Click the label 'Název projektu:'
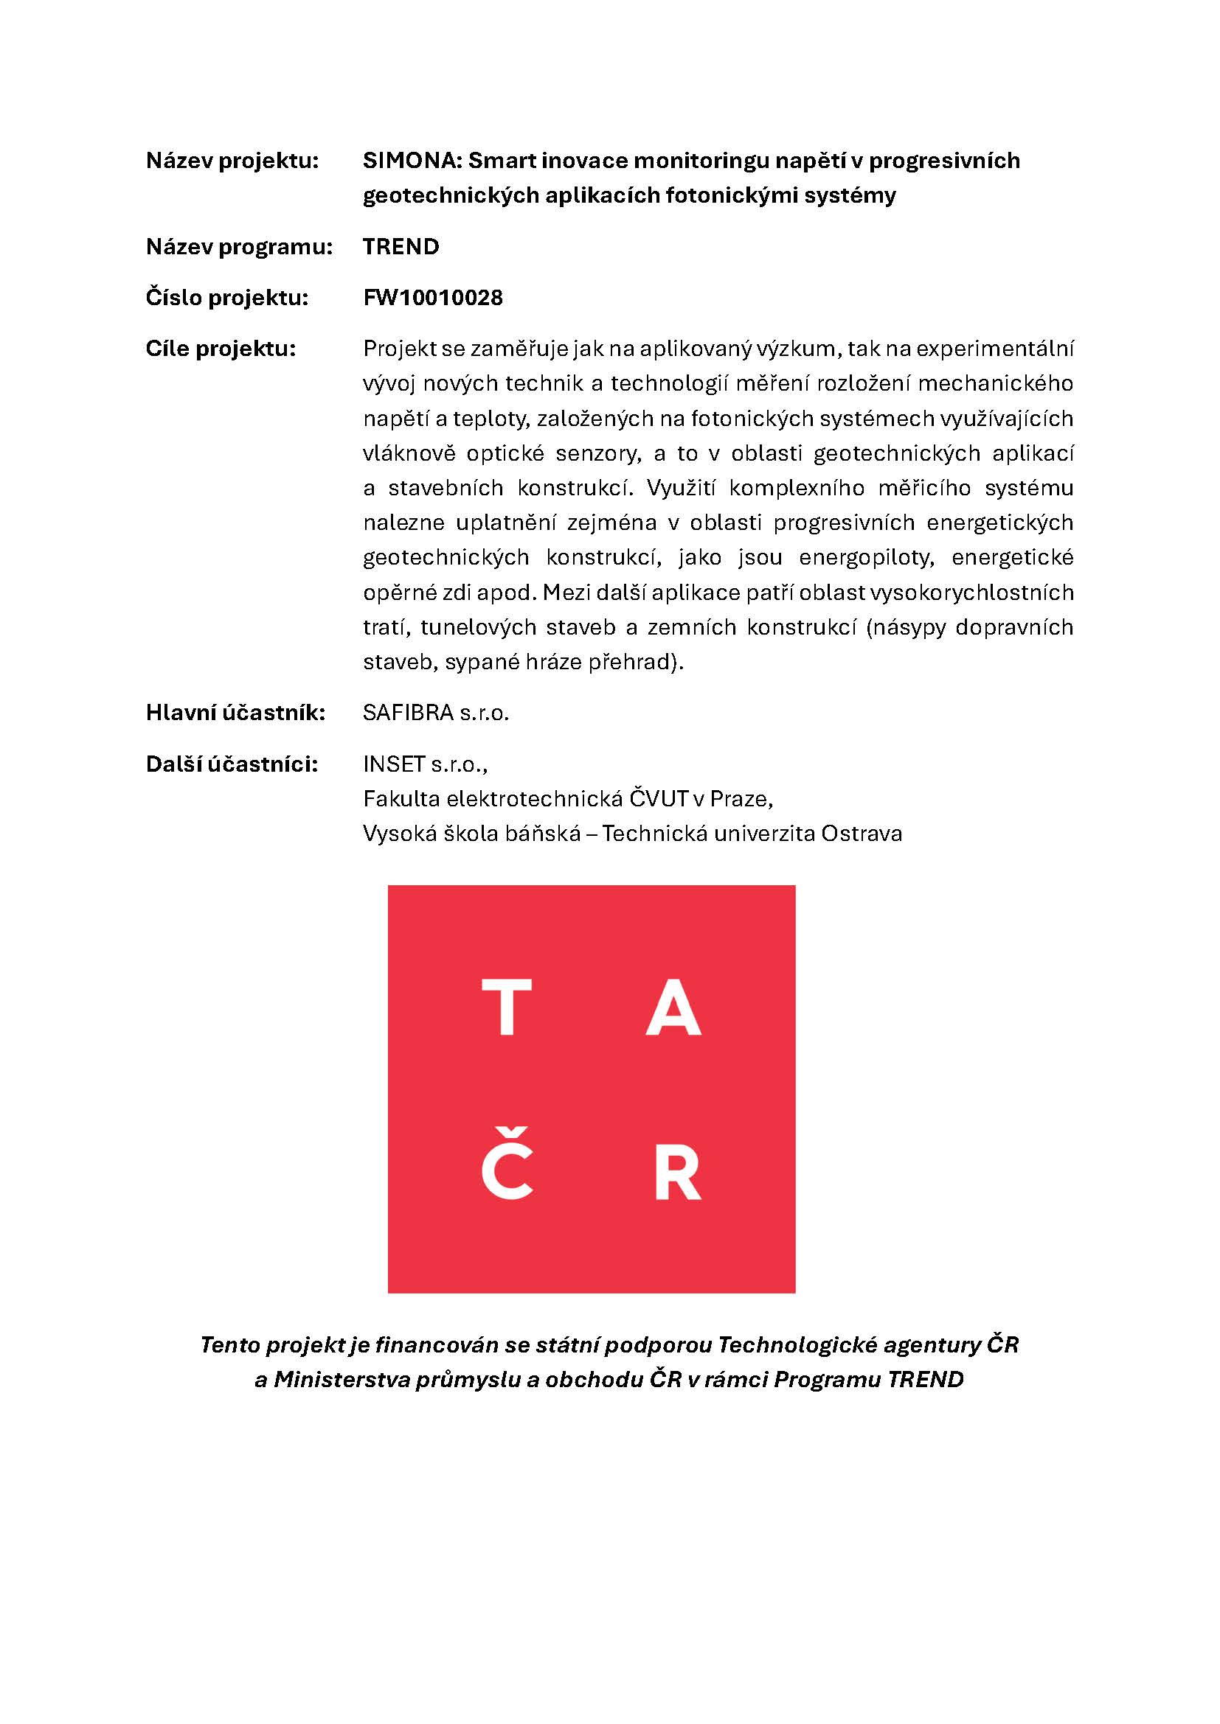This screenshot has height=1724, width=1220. tap(232, 161)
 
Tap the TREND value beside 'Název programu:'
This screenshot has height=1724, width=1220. tap(401, 246)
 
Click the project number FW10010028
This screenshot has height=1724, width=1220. tap(433, 297)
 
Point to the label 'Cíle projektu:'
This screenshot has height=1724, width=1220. tap(221, 349)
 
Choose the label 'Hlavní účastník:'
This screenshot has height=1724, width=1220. tap(235, 712)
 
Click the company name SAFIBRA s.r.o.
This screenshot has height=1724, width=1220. tap(436, 712)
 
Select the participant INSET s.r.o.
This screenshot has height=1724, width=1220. tap(424, 764)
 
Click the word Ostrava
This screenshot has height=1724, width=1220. tap(862, 833)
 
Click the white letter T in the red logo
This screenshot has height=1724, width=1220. tap(506, 1007)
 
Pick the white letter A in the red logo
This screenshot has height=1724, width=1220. tap(673, 1007)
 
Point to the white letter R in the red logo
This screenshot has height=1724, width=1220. tap(677, 1171)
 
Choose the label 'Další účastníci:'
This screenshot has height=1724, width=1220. tap(232, 764)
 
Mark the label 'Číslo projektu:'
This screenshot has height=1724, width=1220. tap(227, 297)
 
